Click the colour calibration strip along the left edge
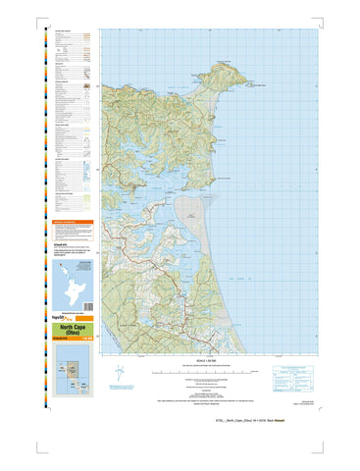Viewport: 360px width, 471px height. [39, 226]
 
